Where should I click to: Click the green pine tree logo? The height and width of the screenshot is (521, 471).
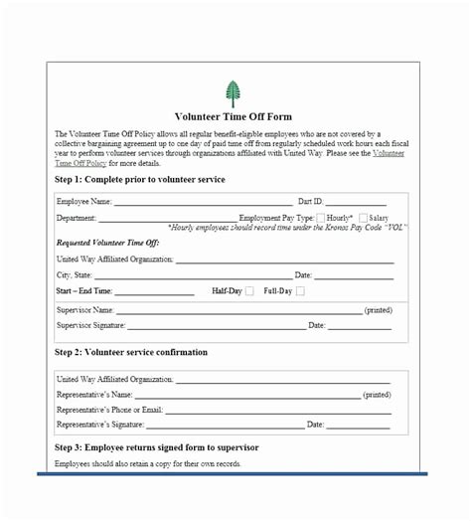point(234,94)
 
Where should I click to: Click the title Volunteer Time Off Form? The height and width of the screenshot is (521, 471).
point(233,117)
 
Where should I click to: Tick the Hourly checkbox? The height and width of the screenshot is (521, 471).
point(321,217)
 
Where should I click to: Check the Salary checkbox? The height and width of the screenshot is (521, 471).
point(364,217)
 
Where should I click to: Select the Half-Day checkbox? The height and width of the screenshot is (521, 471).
point(249,291)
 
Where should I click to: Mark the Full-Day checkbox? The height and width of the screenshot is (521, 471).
point(299,291)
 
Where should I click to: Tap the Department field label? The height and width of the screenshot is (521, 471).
point(77,217)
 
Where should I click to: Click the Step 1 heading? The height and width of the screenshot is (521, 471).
point(140,179)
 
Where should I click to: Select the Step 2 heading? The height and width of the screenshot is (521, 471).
point(131,352)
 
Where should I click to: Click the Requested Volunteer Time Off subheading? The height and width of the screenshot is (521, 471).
point(108,243)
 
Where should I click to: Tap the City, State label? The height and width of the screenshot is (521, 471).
point(75,274)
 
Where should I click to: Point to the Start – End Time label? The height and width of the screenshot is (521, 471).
point(84,291)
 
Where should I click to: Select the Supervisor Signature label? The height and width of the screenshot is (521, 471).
point(90,325)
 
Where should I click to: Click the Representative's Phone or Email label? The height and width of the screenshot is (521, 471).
point(109,409)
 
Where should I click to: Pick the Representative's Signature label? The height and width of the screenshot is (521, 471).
point(99,425)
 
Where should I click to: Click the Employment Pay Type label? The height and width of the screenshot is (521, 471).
point(276,217)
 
